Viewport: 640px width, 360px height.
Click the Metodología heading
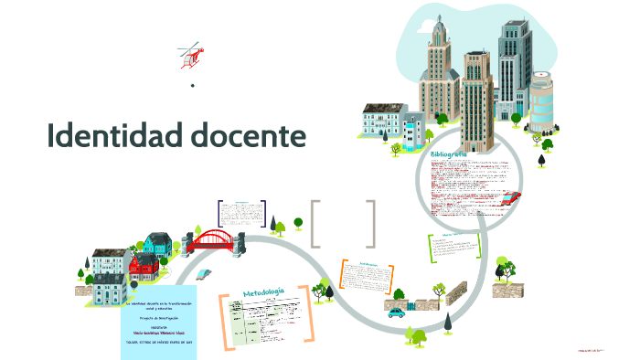point(264,292)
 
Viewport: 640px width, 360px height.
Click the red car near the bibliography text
point(513,198)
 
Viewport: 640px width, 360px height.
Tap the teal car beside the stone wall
point(396,312)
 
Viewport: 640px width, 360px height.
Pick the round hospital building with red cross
point(542,99)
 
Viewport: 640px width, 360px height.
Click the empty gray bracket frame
point(343,224)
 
